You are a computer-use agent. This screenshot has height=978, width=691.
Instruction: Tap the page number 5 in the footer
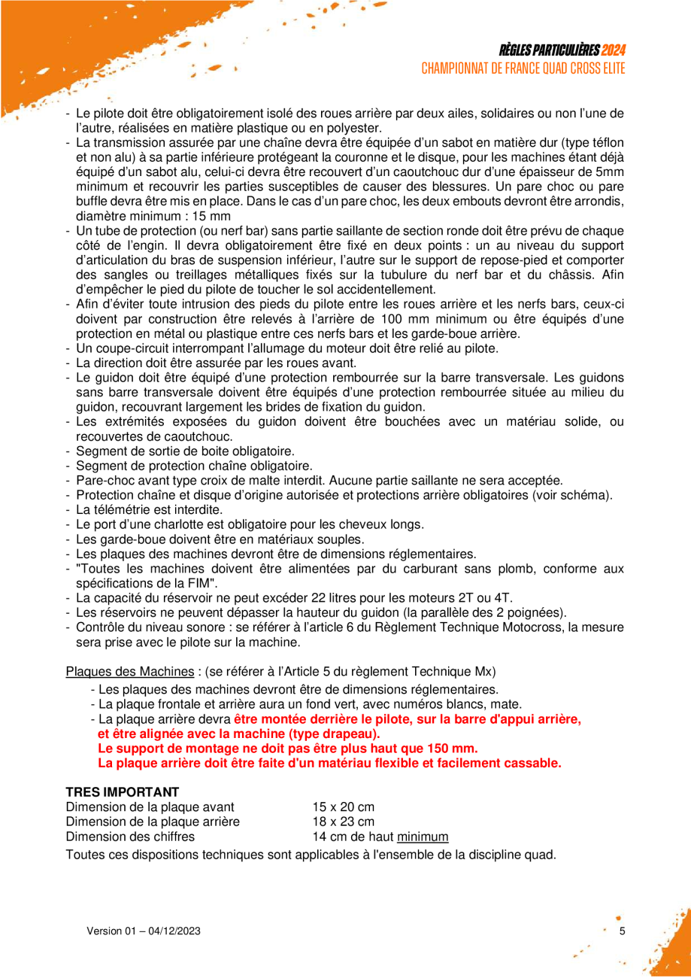tap(621, 931)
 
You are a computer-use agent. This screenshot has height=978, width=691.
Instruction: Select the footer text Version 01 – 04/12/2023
tap(144, 931)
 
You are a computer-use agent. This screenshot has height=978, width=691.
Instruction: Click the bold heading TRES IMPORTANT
tap(123, 791)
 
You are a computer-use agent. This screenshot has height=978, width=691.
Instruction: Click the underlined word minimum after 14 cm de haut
tap(423, 836)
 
